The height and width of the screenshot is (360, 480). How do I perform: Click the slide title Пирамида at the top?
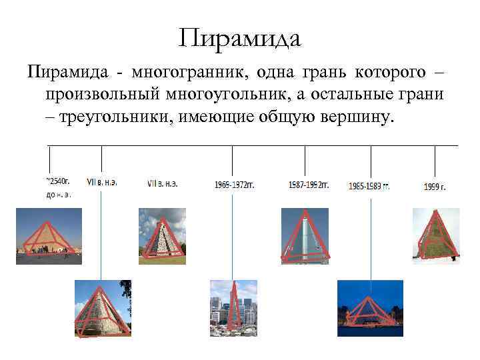point(240,37)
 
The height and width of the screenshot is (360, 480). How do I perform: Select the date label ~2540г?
point(58,181)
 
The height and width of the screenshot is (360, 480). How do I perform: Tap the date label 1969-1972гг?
point(235,185)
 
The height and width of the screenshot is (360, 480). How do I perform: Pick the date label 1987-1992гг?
point(309,185)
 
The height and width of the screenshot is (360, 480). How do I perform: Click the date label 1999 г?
point(434,187)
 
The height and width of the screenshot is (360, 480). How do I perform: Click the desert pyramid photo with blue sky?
point(49,235)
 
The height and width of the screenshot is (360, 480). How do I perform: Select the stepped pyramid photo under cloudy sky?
point(161,235)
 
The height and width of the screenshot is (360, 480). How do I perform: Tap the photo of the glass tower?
point(305,235)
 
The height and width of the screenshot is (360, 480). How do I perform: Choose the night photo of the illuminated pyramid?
point(370,308)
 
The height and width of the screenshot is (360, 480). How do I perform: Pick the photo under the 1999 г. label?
point(436,235)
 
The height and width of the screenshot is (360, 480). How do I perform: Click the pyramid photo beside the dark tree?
point(102,307)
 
